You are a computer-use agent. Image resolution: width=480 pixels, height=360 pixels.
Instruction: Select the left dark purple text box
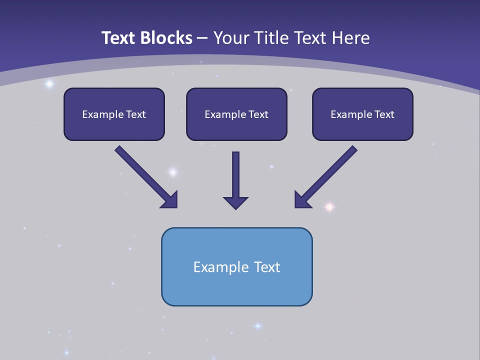114,114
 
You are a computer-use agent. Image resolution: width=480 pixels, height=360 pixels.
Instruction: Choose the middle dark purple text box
236,114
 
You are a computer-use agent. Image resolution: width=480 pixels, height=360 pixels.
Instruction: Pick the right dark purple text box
362,114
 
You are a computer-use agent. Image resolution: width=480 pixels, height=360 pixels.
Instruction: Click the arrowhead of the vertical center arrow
235,202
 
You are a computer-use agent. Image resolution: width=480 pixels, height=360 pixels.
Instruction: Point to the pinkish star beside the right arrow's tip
329,206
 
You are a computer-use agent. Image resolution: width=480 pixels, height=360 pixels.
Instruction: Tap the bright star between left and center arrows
172,172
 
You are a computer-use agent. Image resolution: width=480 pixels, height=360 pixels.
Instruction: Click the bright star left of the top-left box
49,84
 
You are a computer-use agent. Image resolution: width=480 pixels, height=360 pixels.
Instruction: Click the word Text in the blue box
267,267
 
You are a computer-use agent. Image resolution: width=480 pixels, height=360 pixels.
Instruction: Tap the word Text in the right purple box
384,114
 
